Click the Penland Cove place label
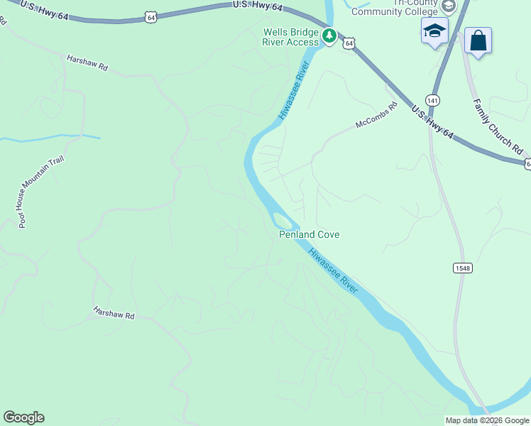pyautogui.click(x=308, y=234)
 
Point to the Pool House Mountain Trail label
pyautogui.click(x=42, y=192)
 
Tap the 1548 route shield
pyautogui.click(x=462, y=268)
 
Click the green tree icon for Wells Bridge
pyautogui.click(x=329, y=35)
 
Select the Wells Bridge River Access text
pyautogui.click(x=291, y=37)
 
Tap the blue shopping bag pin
pyautogui.click(x=478, y=40)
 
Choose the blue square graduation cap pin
pyautogui.click(x=434, y=32)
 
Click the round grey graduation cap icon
pyautogui.click(x=448, y=6)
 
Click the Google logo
pyautogui.click(x=23, y=417)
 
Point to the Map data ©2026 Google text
pyautogui.click(x=488, y=420)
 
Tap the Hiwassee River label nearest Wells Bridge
pyautogui.click(x=294, y=90)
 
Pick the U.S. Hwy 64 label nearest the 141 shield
pyautogui.click(x=432, y=120)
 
